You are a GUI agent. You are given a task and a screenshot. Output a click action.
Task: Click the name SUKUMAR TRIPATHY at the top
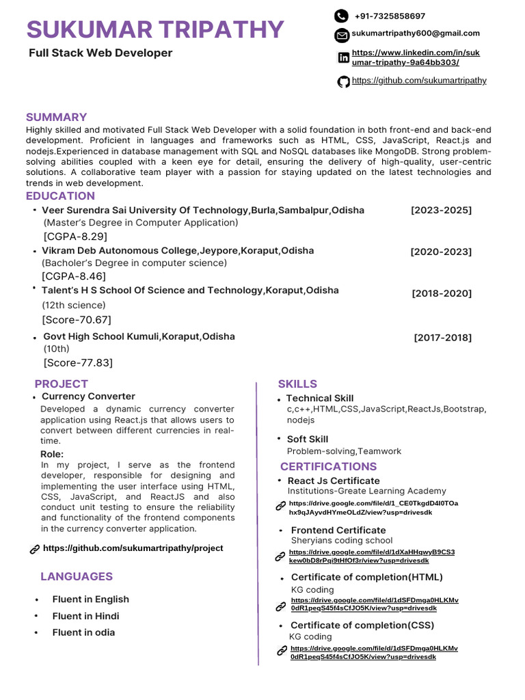click(155, 30)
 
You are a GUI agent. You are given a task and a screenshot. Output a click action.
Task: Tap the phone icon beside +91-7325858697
click(341, 16)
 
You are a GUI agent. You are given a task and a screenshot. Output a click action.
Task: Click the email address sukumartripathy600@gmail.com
click(416, 33)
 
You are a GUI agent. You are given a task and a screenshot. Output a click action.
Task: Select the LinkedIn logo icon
click(343, 58)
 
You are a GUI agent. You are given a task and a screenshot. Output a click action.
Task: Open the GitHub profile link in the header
click(419, 81)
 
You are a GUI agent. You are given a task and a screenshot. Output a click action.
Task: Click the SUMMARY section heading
click(56, 117)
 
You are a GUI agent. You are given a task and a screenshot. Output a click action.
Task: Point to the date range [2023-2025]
click(441, 210)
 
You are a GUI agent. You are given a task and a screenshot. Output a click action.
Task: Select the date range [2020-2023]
click(441, 252)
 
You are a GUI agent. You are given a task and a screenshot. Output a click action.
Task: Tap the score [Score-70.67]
click(77, 320)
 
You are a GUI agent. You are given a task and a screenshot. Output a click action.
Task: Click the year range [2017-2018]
click(442, 338)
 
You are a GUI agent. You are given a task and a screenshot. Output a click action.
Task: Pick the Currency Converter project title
click(88, 396)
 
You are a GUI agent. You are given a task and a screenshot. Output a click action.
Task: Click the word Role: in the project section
click(52, 454)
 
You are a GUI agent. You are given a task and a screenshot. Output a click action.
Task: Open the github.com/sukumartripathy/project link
click(133, 548)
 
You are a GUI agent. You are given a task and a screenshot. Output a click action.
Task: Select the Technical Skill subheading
click(320, 399)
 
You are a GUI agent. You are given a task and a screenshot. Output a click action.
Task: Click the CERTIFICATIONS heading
click(328, 466)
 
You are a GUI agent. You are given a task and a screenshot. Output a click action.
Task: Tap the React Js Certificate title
click(334, 481)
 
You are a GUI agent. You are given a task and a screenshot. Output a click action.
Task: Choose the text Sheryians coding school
click(342, 540)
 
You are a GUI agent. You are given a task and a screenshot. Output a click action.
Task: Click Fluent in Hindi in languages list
click(85, 616)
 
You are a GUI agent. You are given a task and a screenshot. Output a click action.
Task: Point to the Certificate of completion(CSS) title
click(362, 625)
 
